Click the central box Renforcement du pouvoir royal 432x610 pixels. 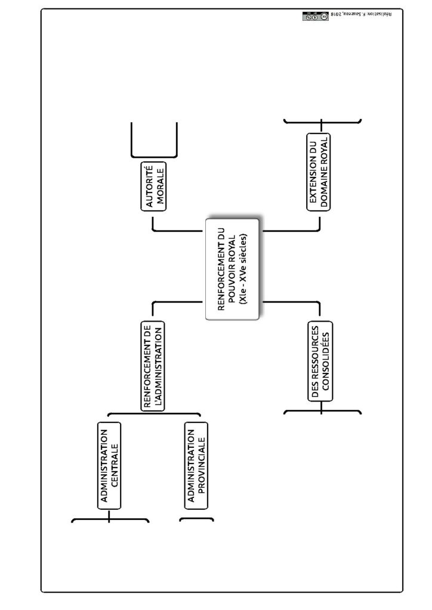232,269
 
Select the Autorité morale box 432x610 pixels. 153,186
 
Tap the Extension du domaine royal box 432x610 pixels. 319,172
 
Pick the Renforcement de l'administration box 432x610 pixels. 152,366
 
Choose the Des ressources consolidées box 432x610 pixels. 320,361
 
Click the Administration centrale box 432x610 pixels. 109,466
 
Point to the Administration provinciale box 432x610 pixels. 196,466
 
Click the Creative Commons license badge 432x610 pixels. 316,16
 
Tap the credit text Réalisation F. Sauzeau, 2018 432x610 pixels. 361,14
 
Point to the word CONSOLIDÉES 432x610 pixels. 326,361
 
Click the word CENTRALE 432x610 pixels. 115,466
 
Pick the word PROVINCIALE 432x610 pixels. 202,466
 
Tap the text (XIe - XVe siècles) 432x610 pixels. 243,269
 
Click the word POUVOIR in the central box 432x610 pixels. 232,282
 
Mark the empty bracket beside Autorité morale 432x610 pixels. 154,157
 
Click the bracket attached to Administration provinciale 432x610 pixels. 196,519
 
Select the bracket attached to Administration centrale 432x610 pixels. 109,519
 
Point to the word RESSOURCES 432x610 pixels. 315,361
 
